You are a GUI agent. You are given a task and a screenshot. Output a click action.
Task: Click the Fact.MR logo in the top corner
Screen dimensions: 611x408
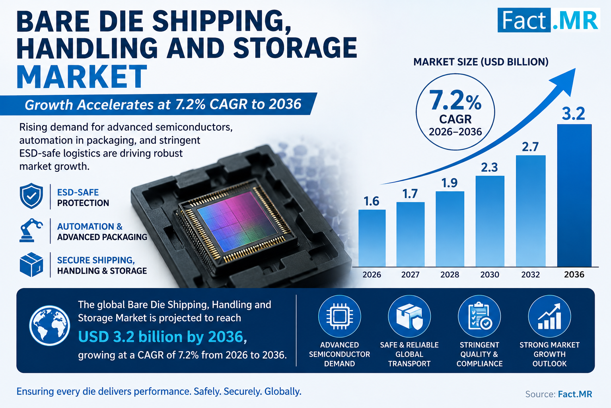[x=549, y=20]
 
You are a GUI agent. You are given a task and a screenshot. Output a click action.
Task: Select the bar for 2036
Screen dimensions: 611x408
[x=574, y=195]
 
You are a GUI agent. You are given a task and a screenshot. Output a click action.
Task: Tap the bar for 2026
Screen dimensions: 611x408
[x=372, y=238]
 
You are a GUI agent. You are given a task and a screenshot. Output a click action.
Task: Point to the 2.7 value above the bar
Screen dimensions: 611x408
[x=530, y=147]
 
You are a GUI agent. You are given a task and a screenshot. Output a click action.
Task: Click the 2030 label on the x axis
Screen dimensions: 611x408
[x=490, y=275]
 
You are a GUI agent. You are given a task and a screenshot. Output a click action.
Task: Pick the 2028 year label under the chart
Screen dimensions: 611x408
[x=450, y=275]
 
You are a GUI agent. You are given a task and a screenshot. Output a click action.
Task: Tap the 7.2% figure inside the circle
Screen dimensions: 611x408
[x=455, y=100]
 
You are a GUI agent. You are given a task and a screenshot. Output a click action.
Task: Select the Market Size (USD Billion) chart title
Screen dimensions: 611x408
[x=481, y=62]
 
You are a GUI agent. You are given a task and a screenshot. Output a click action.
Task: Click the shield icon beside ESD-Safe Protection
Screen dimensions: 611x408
[x=31, y=196]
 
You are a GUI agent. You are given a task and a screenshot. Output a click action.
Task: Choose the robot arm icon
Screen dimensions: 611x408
[x=31, y=230]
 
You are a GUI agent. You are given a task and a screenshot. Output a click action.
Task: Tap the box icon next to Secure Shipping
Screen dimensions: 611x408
[x=31, y=265]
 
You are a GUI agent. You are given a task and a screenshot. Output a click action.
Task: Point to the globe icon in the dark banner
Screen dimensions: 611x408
[x=50, y=326]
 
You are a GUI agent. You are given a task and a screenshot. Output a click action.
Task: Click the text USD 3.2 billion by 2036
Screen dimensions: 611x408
[x=161, y=336]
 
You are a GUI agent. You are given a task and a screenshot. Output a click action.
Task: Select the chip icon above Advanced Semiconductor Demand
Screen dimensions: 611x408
[x=339, y=316]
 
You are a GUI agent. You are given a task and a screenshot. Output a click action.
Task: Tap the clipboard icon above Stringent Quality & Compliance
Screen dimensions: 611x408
[x=479, y=316]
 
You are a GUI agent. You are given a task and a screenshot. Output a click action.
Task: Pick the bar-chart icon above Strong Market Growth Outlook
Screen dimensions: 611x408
[x=549, y=316]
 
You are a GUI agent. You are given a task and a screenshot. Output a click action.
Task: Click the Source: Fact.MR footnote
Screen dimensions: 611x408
[x=558, y=394]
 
